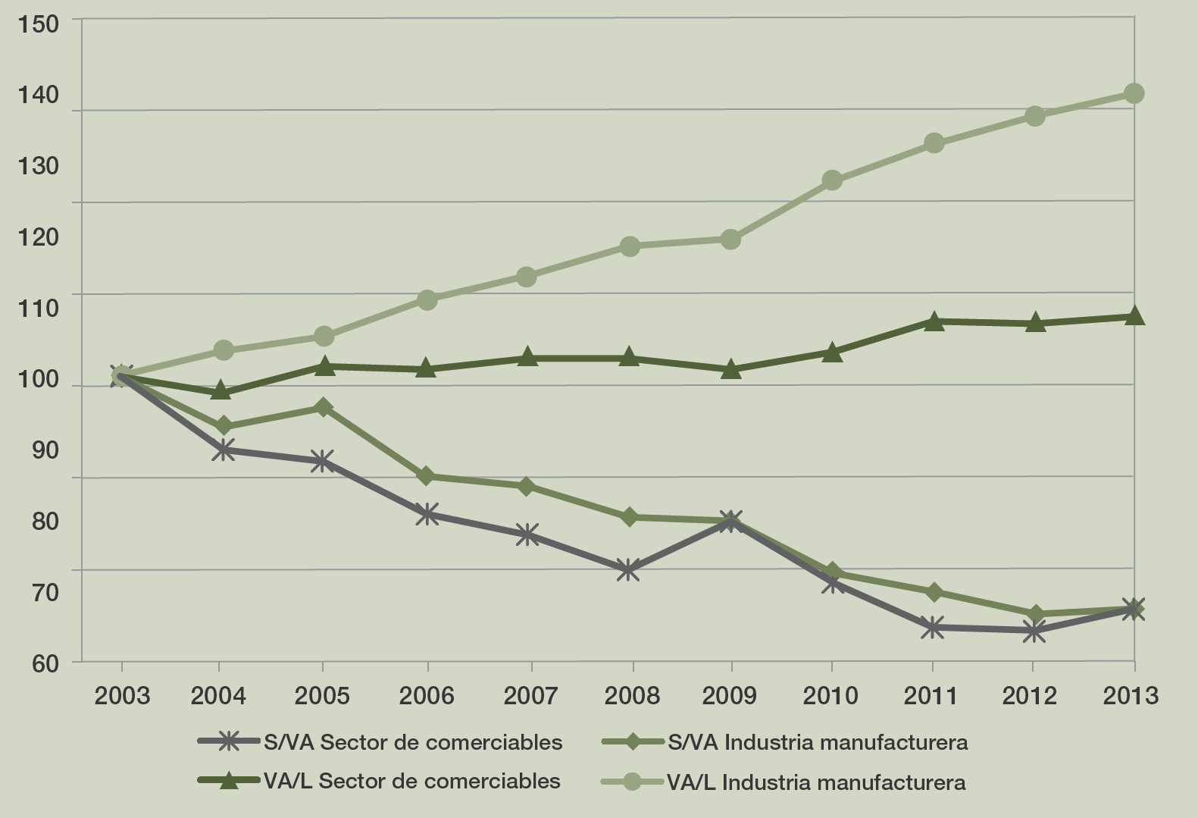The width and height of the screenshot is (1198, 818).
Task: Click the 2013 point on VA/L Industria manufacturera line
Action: tap(1134, 93)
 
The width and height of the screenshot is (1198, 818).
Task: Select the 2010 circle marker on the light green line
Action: tap(832, 180)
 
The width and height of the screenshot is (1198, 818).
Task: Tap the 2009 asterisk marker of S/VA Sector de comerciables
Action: tap(730, 521)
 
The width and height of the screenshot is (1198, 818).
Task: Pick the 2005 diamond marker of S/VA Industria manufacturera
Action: tap(324, 407)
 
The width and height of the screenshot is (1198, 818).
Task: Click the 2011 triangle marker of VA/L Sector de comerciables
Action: tap(934, 321)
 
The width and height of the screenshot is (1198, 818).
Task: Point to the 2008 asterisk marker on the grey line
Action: tap(627, 569)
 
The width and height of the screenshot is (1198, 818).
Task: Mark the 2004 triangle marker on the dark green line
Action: tap(221, 391)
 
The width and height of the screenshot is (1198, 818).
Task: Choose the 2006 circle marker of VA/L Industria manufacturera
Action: tap(427, 299)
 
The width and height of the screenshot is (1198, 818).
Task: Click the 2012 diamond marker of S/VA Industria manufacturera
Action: tap(1035, 614)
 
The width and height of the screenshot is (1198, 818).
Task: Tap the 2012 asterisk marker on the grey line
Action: tap(1034, 631)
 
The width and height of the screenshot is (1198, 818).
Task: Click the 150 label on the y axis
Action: tap(37, 24)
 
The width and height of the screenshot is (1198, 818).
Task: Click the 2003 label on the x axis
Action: tap(122, 695)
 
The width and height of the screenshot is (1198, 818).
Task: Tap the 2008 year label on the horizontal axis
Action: tap(632, 695)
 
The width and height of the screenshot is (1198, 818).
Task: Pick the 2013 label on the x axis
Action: tap(1131, 695)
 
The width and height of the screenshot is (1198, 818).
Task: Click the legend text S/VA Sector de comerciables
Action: tap(413, 742)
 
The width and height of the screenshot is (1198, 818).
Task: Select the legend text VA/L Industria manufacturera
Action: tap(816, 782)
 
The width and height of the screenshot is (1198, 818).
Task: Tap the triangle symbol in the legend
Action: tap(228, 782)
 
